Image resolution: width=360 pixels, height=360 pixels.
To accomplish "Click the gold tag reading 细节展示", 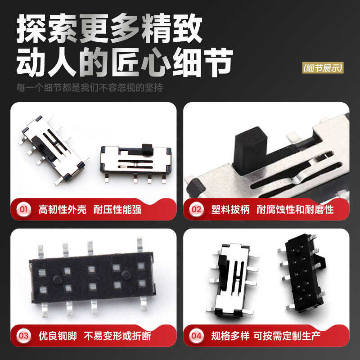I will [323, 68].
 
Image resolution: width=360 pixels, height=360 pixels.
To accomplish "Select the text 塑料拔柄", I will [230, 209].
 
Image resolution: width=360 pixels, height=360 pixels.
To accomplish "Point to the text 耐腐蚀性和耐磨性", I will [295, 209].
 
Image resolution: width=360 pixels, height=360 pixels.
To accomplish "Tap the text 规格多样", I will [230, 336].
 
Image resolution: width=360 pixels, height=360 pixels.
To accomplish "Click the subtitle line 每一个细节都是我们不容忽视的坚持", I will [89, 87].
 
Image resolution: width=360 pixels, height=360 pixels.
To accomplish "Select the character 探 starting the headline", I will [31, 28].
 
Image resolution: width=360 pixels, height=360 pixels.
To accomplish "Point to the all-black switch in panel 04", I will [301, 274].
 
